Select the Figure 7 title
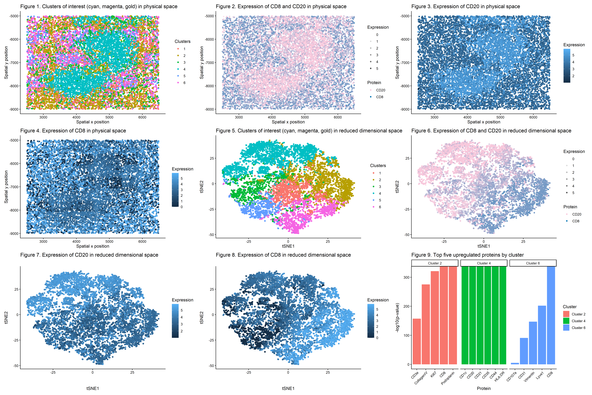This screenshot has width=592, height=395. click(x=89, y=255)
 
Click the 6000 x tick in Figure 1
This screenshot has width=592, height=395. click(x=142, y=117)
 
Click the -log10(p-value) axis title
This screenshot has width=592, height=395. click(x=397, y=318)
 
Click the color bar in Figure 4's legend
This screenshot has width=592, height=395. click(x=175, y=190)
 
